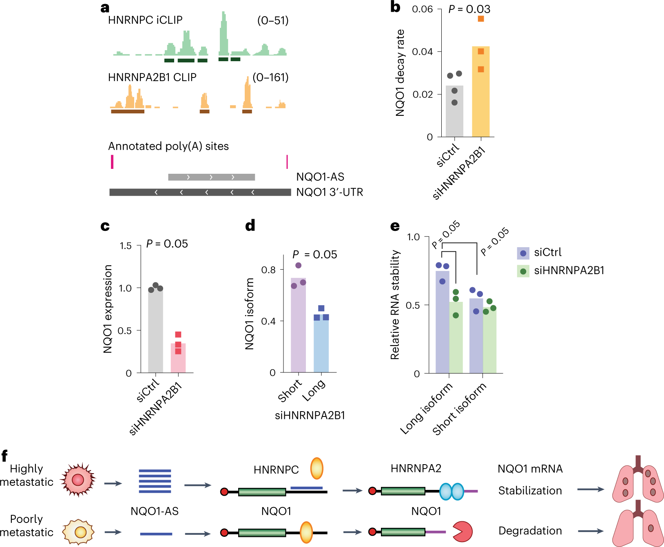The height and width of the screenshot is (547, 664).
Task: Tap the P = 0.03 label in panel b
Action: coord(469,9)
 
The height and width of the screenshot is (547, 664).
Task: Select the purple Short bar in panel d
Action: coord(298,326)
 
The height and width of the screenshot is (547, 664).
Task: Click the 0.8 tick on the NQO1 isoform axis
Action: coord(268,270)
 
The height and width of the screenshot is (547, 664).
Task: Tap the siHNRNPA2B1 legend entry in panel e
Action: coord(561,271)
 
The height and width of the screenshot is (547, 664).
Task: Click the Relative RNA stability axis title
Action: coord(395,305)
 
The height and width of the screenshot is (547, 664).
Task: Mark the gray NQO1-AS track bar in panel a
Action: coord(211,177)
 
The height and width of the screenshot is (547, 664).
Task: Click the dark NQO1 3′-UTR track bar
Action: coord(200,192)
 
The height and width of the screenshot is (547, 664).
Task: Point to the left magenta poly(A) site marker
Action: coord(112,162)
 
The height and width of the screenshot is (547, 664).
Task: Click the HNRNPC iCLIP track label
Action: coord(145,20)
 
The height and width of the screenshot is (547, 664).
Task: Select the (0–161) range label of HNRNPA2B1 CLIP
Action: coord(270,77)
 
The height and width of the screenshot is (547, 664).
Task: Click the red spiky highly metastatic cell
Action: coord(78,480)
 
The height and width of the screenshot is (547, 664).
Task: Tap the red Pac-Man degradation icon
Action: coord(462,531)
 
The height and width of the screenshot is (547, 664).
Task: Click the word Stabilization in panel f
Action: coord(530,490)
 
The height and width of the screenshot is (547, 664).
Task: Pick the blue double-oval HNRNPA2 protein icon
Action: coord(452,491)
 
